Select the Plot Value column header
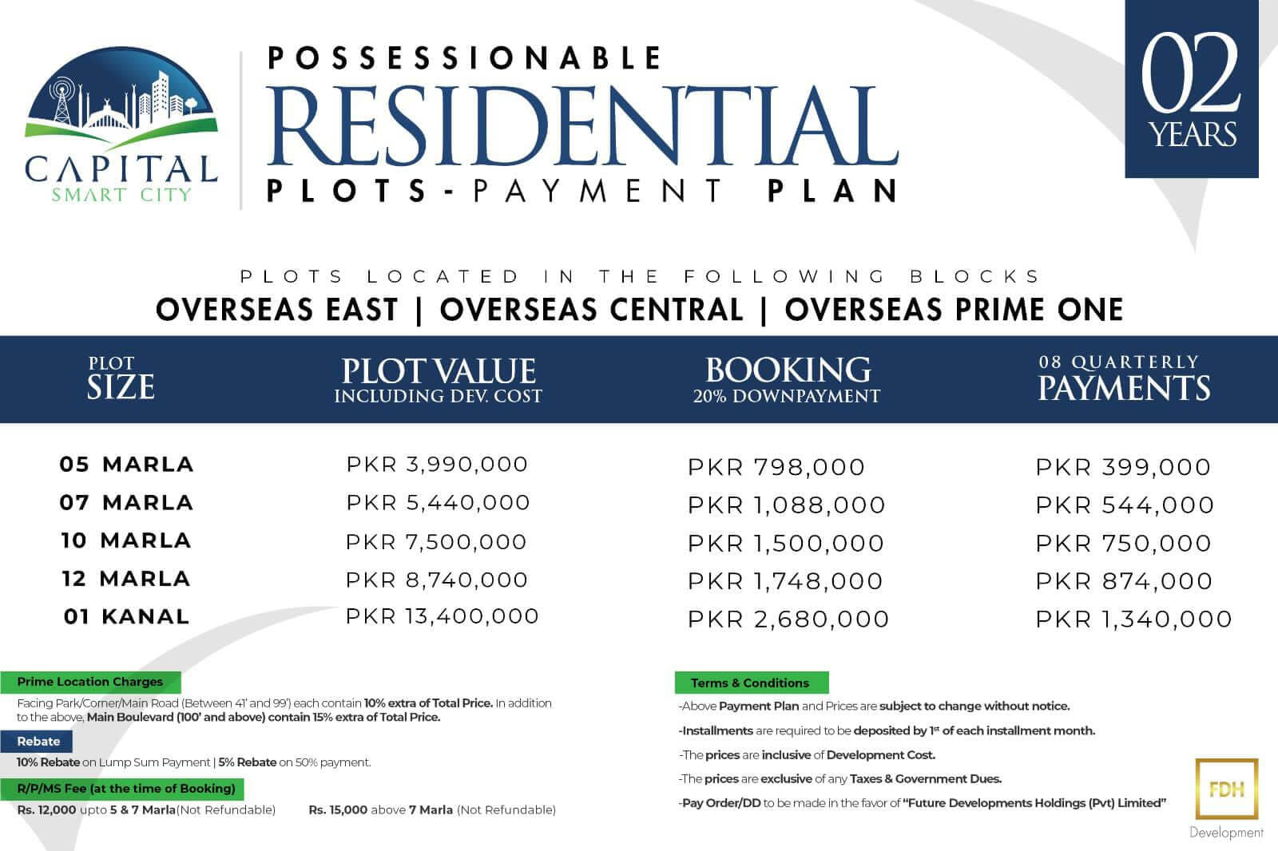click(439, 380)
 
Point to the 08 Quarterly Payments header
click(1123, 378)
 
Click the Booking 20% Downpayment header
click(787, 380)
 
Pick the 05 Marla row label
click(127, 465)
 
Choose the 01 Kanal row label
click(127, 616)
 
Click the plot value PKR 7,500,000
click(436, 542)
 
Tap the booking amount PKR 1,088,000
click(787, 505)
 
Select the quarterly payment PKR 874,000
click(1124, 581)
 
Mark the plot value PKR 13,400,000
click(443, 616)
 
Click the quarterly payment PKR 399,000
click(1123, 467)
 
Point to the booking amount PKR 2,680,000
click(788, 619)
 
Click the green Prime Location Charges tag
click(90, 682)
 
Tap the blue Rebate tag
click(37, 742)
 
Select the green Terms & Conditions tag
click(752, 683)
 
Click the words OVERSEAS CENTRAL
click(592, 310)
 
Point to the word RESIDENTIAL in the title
click(582, 126)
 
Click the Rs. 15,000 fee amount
click(338, 810)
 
